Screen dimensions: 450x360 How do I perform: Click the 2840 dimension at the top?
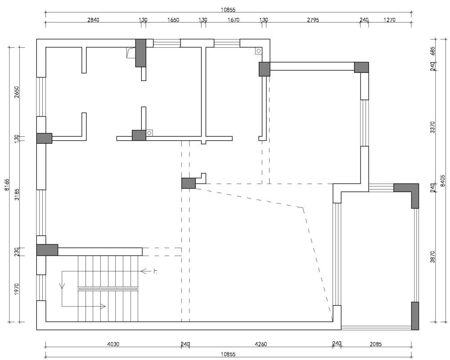[x=93, y=20]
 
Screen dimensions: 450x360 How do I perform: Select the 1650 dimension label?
[x=173, y=20]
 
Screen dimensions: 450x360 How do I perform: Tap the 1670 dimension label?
[x=233, y=20]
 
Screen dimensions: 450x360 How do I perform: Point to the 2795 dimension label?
[x=313, y=20]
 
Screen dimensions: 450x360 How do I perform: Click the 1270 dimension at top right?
[x=389, y=20]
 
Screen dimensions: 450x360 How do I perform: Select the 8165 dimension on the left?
[x=7, y=185]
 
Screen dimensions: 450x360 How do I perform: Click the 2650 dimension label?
[x=16, y=92]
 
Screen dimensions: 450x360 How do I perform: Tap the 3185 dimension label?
[x=16, y=194]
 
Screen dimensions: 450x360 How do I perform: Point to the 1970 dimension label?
[x=16, y=289]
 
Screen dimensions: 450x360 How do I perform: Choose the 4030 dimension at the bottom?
[x=113, y=344]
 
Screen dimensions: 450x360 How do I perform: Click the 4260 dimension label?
[x=261, y=344]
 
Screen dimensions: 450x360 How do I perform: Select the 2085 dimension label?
[x=375, y=344]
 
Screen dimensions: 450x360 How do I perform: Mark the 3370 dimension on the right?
[x=433, y=127]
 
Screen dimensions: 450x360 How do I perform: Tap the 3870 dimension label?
[x=433, y=256]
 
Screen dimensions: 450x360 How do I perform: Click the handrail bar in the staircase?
[x=108, y=289]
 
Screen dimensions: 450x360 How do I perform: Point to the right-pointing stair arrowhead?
[x=103, y=306]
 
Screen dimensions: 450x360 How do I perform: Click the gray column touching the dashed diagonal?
[x=189, y=183]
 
